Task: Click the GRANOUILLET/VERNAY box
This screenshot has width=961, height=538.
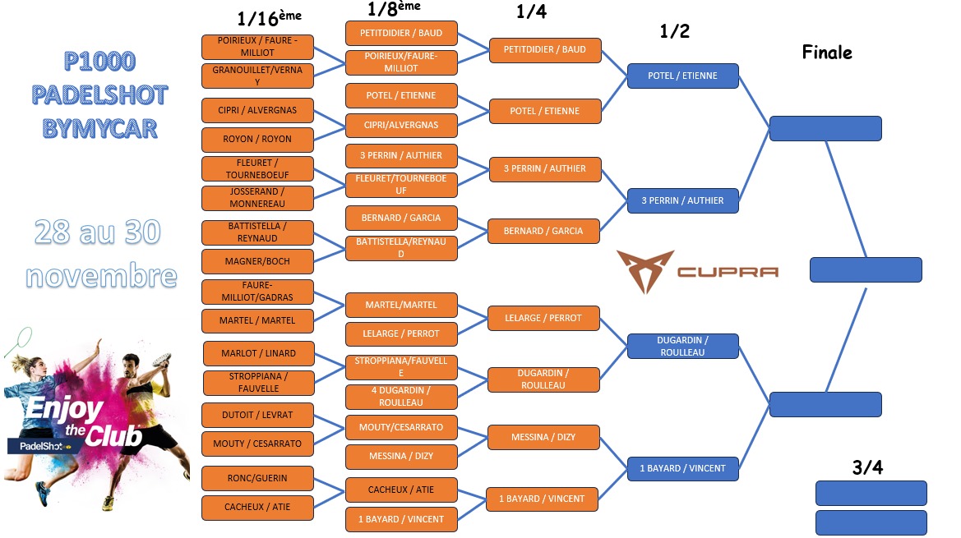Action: (257, 76)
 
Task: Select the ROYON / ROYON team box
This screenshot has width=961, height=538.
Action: (257, 139)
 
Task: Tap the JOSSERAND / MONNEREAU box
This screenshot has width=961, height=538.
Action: (257, 197)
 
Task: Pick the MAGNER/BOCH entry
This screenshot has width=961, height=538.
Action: (257, 261)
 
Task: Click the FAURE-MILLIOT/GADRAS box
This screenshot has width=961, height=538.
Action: (257, 291)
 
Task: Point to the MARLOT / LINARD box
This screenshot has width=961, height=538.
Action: (258, 353)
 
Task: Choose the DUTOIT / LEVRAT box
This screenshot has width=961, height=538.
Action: (257, 415)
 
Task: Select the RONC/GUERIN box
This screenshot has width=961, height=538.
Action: (257, 478)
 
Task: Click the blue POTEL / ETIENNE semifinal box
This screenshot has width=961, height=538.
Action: (682, 76)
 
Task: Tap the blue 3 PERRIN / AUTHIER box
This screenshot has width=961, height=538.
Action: (682, 200)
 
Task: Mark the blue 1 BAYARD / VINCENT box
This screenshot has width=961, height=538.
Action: (682, 468)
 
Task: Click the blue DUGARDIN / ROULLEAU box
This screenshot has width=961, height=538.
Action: (682, 346)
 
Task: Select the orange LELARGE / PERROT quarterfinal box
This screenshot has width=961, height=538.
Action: (544, 318)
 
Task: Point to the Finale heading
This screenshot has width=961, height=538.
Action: (827, 53)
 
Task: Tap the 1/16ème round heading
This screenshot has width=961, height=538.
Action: (268, 19)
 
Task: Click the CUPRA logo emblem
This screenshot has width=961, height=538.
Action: (645, 271)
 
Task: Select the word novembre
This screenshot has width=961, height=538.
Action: (101, 274)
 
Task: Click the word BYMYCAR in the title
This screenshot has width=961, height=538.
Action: (99, 128)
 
